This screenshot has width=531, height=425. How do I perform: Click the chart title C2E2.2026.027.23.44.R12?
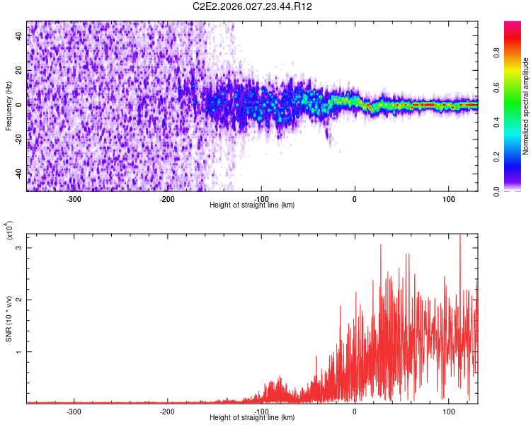253,6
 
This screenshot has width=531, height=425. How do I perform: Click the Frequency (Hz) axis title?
9,106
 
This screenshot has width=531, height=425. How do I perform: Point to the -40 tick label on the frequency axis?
20,174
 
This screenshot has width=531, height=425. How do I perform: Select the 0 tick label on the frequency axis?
20,105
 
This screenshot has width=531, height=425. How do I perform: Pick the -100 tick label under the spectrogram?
261,199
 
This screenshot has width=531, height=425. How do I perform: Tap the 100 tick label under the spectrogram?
448,199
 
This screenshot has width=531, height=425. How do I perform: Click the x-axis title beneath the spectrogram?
252,205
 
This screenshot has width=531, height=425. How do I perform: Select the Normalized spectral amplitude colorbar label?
526,106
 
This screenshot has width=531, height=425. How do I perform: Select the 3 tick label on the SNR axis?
20,247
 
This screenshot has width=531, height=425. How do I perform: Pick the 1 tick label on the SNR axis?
20,351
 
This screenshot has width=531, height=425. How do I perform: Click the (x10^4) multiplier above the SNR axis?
9,231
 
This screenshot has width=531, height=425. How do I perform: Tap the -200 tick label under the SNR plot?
168,411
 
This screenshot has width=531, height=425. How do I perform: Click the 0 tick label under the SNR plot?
355,411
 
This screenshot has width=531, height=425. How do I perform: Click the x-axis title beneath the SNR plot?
252,418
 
